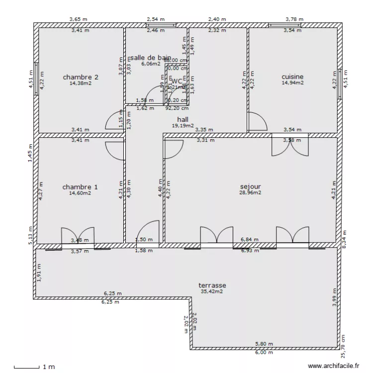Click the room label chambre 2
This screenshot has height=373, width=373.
click(80, 77)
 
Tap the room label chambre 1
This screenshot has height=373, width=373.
click(80, 187)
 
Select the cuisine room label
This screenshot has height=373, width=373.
click(292, 77)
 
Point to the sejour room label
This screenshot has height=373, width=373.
click(250, 186)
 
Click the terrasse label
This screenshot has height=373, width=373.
click(212, 285)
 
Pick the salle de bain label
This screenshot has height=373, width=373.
click(151, 58)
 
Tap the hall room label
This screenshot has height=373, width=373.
click(183, 119)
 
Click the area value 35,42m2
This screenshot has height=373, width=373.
click(212, 292)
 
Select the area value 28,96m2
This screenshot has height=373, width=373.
click(250, 192)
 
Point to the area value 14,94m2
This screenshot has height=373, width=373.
click(292, 83)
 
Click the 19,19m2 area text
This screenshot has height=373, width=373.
click(183, 126)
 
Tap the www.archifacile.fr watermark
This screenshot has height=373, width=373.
click(333, 366)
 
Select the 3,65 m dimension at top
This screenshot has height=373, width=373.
click(79, 19)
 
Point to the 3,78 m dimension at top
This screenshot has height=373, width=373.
click(294, 19)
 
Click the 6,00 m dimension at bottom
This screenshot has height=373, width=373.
click(264, 353)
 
